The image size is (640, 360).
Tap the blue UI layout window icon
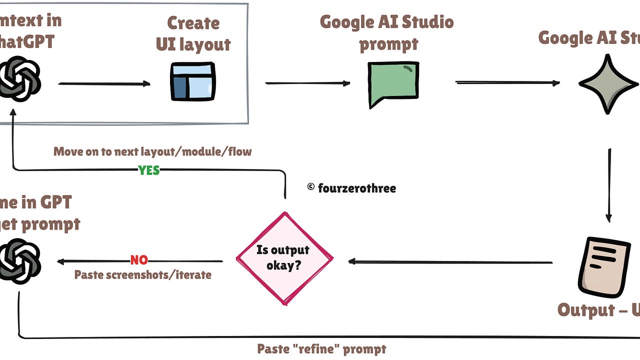point(192,81)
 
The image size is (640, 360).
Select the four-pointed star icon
point(607,83)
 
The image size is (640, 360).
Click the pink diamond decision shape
point(284,258)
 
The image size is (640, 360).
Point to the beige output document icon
point(603,267)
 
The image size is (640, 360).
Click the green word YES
point(149,170)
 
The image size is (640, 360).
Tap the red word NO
point(139,260)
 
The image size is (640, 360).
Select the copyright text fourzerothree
point(351,188)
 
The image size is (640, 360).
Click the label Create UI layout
point(193,34)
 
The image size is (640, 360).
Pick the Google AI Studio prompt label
point(386,32)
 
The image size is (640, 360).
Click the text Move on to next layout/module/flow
point(152,151)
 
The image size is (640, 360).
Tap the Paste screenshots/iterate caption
point(142,274)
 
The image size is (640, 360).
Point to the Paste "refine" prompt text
point(321,348)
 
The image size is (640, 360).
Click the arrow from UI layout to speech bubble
point(307,83)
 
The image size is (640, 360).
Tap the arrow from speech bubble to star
point(507,82)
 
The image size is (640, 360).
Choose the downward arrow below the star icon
point(608,185)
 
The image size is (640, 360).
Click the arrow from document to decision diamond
point(450,261)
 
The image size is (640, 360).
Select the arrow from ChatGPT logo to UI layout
point(104,83)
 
